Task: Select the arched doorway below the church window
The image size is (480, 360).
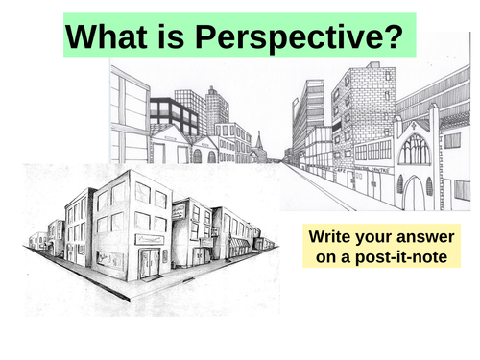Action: pos(414,192)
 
